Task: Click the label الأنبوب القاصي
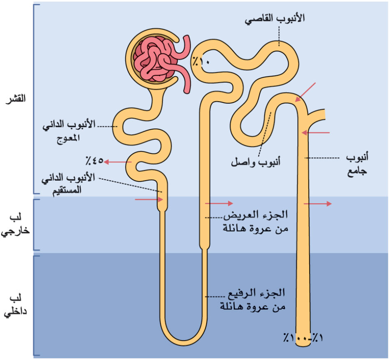pos(275,19)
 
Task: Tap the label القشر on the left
pos(16,98)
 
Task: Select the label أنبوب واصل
pos(256,162)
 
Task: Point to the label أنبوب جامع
pos(357,164)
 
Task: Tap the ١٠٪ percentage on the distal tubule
pos(201,61)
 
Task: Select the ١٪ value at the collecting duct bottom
pos(318,337)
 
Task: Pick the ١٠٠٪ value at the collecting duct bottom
pos(296,338)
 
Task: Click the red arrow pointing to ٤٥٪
pos(118,162)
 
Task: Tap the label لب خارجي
pos(15,224)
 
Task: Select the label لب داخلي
pos(15,305)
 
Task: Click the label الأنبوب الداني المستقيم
pos(68,183)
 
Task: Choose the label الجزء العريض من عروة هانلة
pos(256,221)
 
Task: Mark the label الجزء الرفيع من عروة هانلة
pos(253,300)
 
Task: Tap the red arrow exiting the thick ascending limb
pos(219,203)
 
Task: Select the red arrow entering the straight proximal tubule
pos(149,200)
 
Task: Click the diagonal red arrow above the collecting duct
pos(305,92)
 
